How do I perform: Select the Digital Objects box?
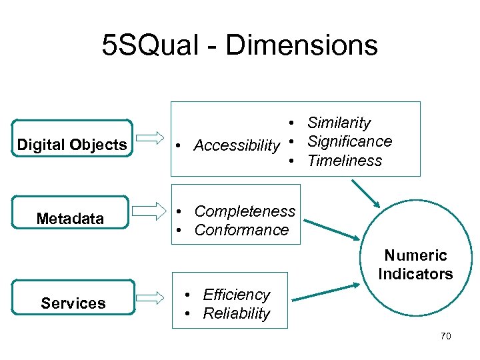pyautogui.click(x=72, y=145)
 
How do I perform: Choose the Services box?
pyautogui.click(x=73, y=303)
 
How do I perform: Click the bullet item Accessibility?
pyautogui.click(x=237, y=145)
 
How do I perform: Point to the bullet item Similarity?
pyautogui.click(x=339, y=123)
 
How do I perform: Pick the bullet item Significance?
pyautogui.click(x=349, y=141)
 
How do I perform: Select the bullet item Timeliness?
pyautogui.click(x=345, y=161)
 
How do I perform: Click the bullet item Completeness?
pyautogui.click(x=245, y=211)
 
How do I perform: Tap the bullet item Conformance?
pyautogui.click(x=241, y=230)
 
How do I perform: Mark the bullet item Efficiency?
pyautogui.click(x=236, y=295)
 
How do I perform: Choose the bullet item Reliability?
pyautogui.click(x=237, y=313)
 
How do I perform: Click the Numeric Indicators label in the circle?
pyautogui.click(x=415, y=265)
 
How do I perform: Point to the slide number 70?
pyautogui.click(x=445, y=336)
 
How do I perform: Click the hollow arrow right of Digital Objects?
pyautogui.click(x=153, y=138)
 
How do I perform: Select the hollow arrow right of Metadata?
pyautogui.click(x=153, y=213)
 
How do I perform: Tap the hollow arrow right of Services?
pyautogui.click(x=153, y=297)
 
